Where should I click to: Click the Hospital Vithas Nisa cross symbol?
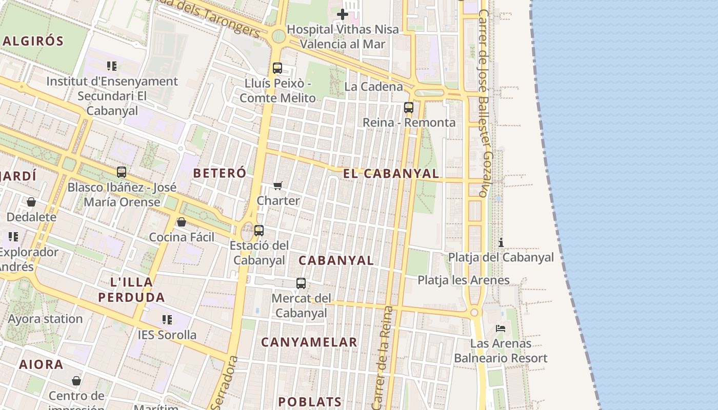click(x=343, y=14)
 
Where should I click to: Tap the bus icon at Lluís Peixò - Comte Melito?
click(x=277, y=68)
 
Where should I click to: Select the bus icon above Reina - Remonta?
click(x=409, y=108)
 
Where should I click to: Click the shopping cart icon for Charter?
click(x=277, y=186)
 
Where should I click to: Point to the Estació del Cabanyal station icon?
click(x=259, y=231)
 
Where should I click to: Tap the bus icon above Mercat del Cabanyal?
click(x=301, y=283)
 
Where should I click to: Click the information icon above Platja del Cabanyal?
click(x=501, y=242)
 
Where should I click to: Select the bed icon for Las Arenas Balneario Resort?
click(x=501, y=328)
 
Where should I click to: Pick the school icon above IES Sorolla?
click(x=167, y=320)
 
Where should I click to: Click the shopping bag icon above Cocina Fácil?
click(x=182, y=222)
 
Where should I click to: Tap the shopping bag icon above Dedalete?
click(x=31, y=202)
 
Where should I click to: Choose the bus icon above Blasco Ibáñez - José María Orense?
click(x=122, y=172)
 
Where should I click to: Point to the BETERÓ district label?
click(x=220, y=173)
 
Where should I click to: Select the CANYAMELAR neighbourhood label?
click(x=309, y=342)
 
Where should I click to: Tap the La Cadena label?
click(x=373, y=86)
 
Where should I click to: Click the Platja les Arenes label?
click(x=463, y=280)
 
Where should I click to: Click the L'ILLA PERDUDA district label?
click(x=132, y=290)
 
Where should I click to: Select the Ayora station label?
click(x=45, y=319)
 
